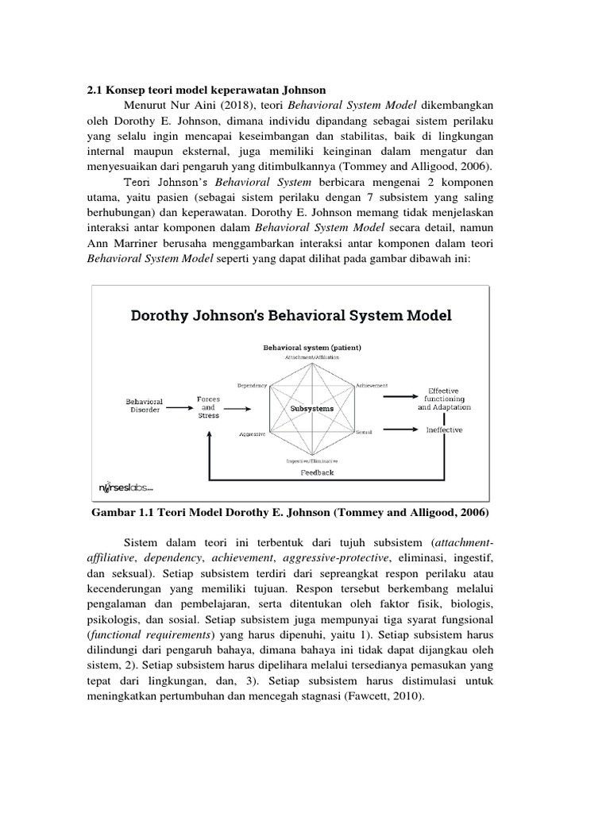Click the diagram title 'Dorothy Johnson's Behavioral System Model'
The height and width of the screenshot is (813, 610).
coord(291,315)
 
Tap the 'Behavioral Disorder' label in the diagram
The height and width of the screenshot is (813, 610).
coord(144,406)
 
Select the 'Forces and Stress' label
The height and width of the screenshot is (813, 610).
coord(208,406)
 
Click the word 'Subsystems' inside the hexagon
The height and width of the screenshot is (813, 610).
coord(311,408)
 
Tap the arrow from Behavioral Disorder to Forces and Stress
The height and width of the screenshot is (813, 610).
coord(179,406)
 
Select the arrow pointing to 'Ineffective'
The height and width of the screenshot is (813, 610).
coord(399,430)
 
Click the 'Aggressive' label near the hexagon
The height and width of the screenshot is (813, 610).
coord(252,434)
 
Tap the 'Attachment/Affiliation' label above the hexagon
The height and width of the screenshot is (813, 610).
coord(312,357)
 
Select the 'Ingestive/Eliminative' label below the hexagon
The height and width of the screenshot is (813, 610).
coord(312,460)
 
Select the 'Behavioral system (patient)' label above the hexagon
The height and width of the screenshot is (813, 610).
coord(312,348)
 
